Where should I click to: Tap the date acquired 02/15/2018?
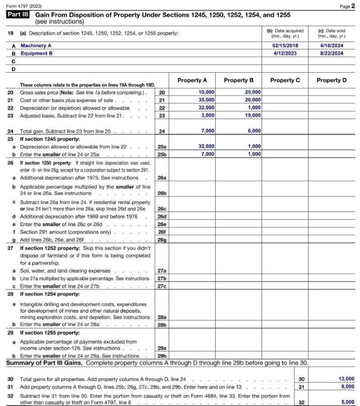point(285,46)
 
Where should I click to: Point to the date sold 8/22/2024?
point(331,53)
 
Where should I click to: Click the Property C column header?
point(285,80)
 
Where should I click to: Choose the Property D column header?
point(331,80)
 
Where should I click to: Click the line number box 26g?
point(162,240)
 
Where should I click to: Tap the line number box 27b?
point(162,278)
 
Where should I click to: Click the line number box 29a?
point(162,348)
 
